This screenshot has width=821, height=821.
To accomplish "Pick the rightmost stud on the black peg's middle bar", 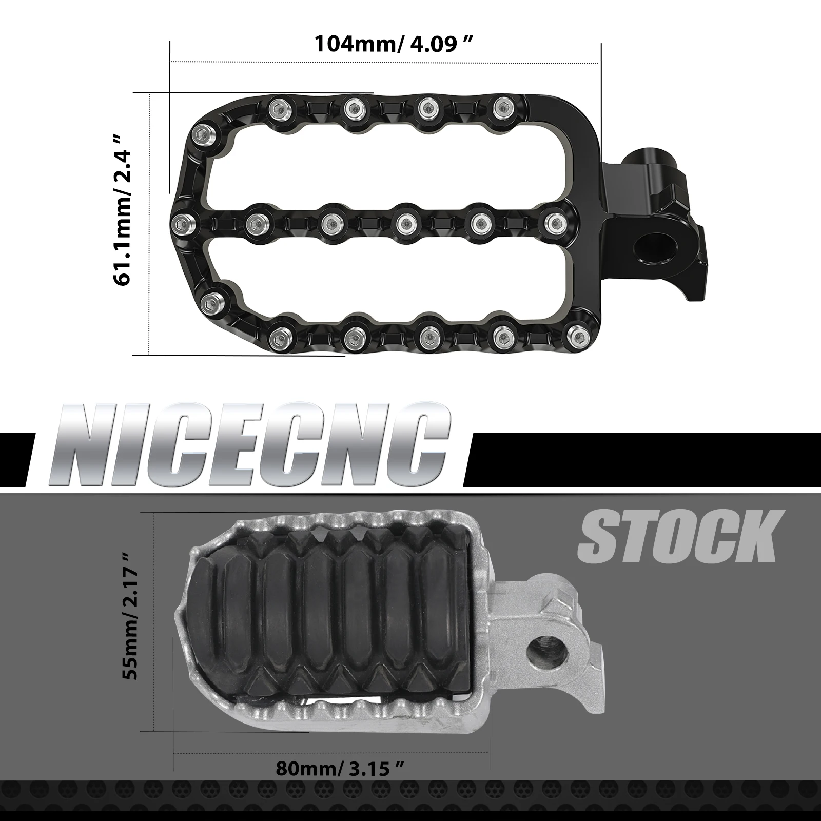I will [555, 223].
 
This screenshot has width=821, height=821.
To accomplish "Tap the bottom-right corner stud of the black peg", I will [579, 337].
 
